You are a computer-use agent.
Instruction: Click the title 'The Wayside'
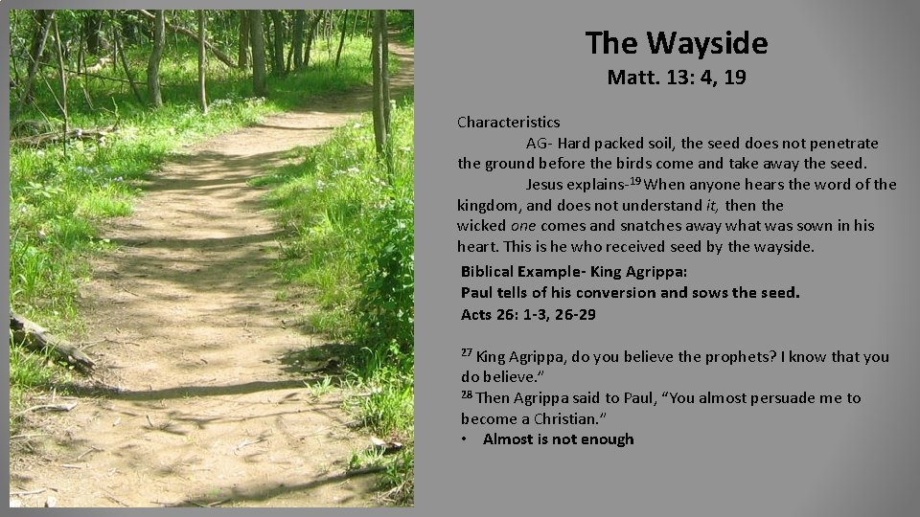[x=677, y=43]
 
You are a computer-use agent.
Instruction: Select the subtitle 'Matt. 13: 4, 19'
[x=677, y=78]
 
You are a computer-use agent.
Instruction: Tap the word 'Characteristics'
[x=509, y=123]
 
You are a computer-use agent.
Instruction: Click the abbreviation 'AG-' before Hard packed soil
[x=539, y=144]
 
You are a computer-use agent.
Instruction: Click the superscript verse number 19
[x=635, y=181]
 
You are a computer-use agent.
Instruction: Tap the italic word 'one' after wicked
[x=523, y=226]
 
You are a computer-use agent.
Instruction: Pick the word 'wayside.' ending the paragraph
[x=785, y=247]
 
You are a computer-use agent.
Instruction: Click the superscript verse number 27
[x=467, y=352]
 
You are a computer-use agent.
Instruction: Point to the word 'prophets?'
[x=740, y=357]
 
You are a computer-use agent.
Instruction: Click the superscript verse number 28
[x=467, y=393]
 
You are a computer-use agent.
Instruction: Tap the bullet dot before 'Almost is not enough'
[x=465, y=439]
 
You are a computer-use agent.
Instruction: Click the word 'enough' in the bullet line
[x=606, y=439]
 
